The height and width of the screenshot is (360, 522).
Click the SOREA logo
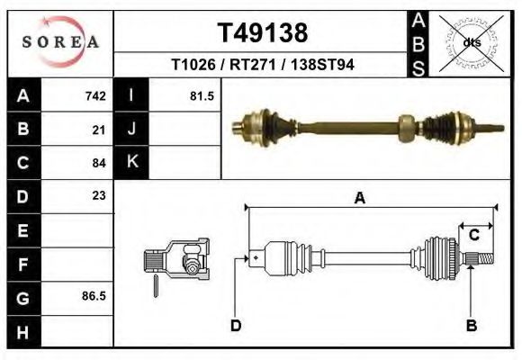(x=60, y=42)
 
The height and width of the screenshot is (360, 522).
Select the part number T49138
(x=263, y=32)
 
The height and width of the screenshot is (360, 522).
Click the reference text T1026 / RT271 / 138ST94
(x=262, y=65)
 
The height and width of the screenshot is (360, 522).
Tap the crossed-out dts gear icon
(x=471, y=41)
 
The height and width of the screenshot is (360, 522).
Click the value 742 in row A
(x=95, y=95)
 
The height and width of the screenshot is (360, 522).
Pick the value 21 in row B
(x=99, y=130)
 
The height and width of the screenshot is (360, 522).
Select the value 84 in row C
(x=99, y=163)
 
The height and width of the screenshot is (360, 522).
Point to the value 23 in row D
(x=99, y=195)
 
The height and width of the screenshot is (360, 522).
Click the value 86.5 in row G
(x=94, y=295)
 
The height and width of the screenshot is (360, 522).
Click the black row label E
(x=22, y=229)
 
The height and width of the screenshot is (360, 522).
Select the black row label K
(x=131, y=162)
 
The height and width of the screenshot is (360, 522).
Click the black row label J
(x=131, y=130)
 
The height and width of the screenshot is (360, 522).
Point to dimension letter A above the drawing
(x=360, y=199)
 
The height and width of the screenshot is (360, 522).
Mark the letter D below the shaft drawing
(x=236, y=325)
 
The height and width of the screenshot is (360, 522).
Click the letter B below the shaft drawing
(x=470, y=325)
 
